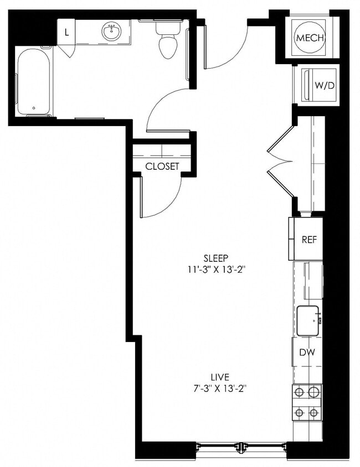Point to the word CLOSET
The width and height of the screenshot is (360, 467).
pyautogui.click(x=162, y=166)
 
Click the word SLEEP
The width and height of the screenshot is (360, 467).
pyautogui.click(x=216, y=258)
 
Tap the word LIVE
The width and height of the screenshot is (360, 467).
pyautogui.click(x=217, y=376)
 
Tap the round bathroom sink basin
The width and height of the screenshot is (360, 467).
pyautogui.click(x=112, y=32)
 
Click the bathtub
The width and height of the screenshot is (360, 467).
pyautogui.click(x=33, y=81)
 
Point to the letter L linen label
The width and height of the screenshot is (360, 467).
pyautogui.click(x=67, y=32)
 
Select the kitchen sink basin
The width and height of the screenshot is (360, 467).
pyautogui.click(x=308, y=321)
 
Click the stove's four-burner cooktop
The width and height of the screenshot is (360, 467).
pyautogui.click(x=307, y=402)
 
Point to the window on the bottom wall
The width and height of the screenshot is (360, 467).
pyautogui.click(x=241, y=446)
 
